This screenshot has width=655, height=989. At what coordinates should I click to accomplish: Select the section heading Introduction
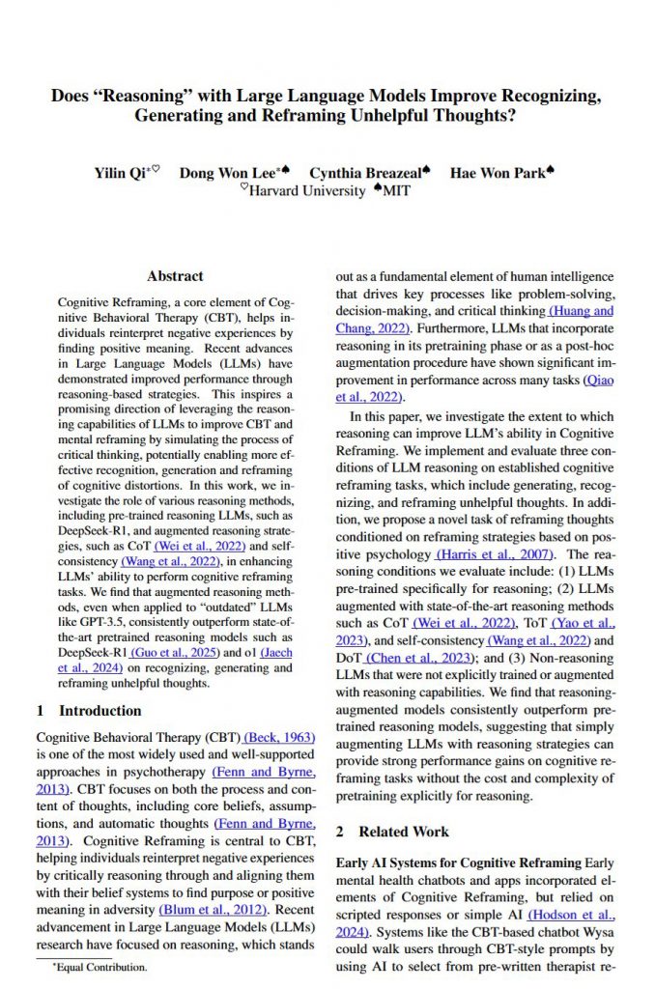pos(87,710)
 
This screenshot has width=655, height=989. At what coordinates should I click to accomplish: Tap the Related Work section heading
pos(403,831)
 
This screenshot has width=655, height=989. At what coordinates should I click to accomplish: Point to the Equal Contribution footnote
pos(102,966)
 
